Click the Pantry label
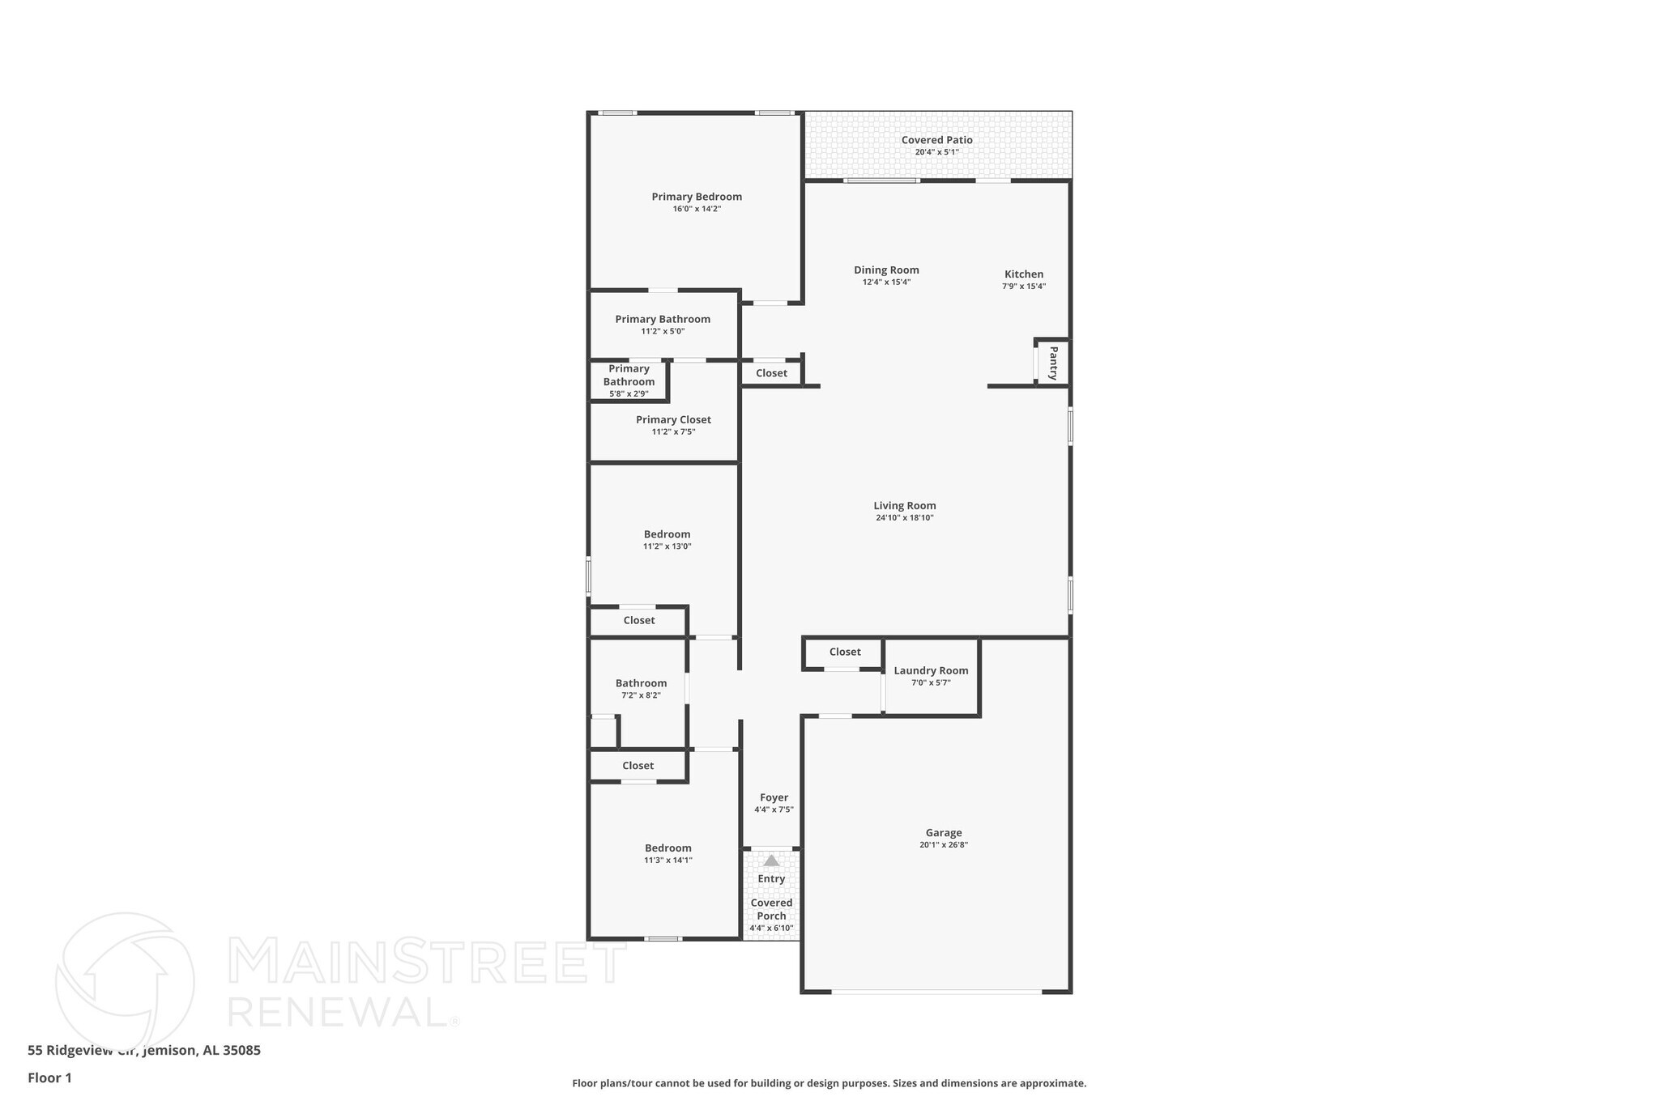pos(1053,363)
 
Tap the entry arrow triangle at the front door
pos(771,861)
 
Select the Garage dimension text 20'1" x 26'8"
pos(944,845)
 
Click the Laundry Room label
pos(931,670)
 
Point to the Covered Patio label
pos(936,140)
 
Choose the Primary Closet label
pos(673,419)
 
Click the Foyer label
pos(774,797)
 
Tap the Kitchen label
pos(1024,274)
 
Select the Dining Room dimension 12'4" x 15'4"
pos(886,283)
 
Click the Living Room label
pos(904,505)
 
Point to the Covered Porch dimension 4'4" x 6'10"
pos(771,929)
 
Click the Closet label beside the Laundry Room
pos(845,652)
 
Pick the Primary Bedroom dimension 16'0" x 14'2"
pos(697,209)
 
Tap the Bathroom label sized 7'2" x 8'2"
pos(641,682)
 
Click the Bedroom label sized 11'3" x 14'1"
pos(668,848)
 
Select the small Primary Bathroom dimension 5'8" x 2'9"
pos(629,394)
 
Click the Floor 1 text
pos(49,1077)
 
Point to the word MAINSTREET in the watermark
pos(427,961)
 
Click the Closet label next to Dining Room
pos(771,373)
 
